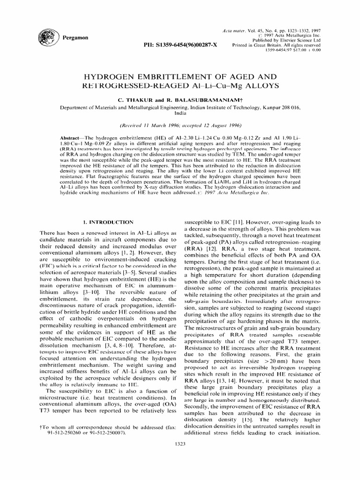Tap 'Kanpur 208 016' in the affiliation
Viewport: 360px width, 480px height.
click(x=275, y=107)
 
